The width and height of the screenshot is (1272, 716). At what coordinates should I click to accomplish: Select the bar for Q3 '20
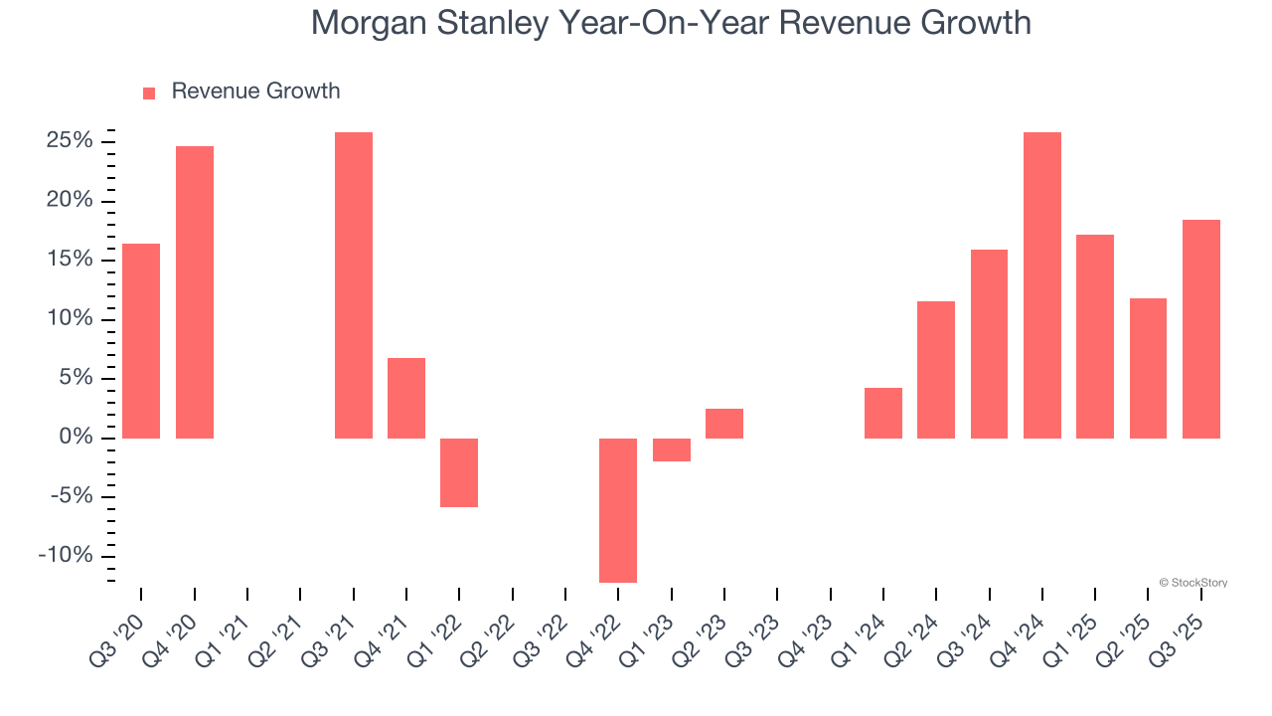tap(141, 341)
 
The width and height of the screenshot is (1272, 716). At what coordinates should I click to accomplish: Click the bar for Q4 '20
tap(195, 292)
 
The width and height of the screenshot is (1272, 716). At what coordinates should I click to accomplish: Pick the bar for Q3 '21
tap(354, 285)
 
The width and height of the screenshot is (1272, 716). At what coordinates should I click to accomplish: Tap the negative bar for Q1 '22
tap(459, 472)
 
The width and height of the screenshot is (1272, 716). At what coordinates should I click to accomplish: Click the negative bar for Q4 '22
tap(618, 510)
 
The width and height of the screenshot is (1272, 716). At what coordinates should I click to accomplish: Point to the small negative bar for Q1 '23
tap(672, 449)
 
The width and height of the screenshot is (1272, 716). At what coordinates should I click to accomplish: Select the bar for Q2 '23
tap(724, 424)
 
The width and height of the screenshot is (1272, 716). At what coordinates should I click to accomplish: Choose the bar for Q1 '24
tap(883, 413)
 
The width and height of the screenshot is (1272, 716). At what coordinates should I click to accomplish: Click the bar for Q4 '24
tap(1042, 285)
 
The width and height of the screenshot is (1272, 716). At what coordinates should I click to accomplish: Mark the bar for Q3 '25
tap(1201, 329)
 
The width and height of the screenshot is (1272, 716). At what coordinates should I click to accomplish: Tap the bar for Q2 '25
tap(1148, 368)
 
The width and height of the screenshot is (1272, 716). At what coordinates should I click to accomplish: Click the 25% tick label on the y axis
tap(70, 141)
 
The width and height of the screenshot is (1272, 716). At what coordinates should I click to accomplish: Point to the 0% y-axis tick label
tap(78, 438)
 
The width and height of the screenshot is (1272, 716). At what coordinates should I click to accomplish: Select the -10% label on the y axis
tap(66, 556)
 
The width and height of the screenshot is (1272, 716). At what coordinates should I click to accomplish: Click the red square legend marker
tap(149, 92)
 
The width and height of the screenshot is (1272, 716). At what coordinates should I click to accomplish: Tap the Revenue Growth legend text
tap(255, 91)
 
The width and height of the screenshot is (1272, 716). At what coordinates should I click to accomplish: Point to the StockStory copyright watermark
tap(1192, 583)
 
